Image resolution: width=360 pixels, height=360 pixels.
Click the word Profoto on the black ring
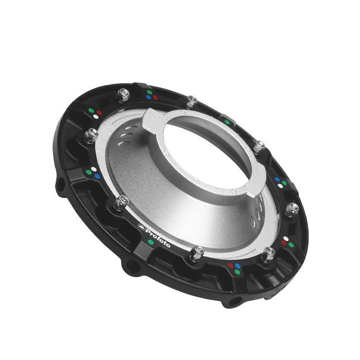158,238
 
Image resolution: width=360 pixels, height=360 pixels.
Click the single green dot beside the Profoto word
151,242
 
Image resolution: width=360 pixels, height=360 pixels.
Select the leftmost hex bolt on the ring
91,136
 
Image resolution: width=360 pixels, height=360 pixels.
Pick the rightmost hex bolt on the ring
292,209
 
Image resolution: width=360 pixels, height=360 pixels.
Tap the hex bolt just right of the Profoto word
196,254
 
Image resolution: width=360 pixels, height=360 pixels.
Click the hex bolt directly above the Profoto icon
121,203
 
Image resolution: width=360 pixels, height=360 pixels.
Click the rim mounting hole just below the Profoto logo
133,266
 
